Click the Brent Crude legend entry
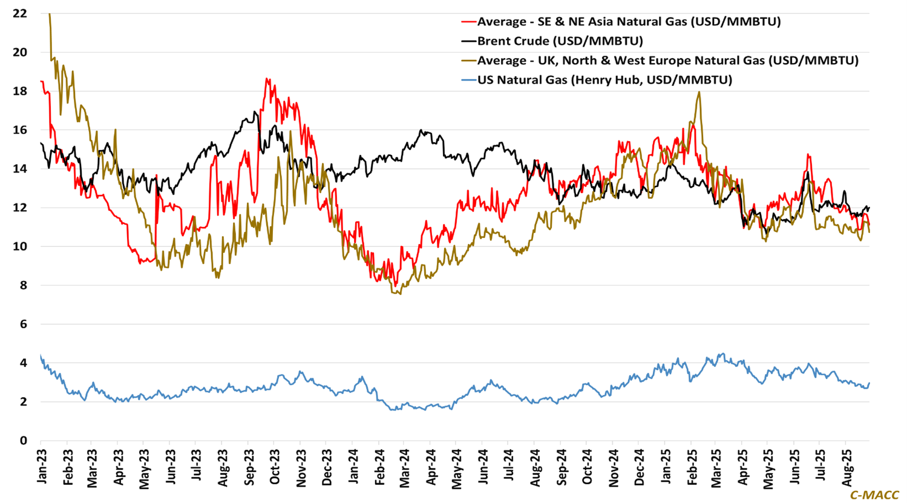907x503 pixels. (x=560, y=41)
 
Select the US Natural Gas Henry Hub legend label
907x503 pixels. (x=604, y=80)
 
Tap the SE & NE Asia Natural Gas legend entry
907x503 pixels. (x=629, y=22)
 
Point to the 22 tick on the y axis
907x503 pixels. (x=20, y=13)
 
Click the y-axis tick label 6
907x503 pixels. (x=24, y=324)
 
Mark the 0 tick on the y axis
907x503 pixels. (x=24, y=441)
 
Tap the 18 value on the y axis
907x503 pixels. (x=20, y=91)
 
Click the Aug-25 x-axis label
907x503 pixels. (x=848, y=467)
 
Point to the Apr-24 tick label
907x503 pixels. (x=431, y=467)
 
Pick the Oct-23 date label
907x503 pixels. (x=275, y=467)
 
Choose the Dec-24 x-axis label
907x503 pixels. (x=640, y=467)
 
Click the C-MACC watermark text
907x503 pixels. (x=874, y=495)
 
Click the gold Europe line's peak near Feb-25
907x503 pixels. (x=699, y=92)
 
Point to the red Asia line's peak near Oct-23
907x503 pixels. (x=266, y=79)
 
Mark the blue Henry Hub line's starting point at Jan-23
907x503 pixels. (x=41, y=355)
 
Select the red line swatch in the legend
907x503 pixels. (x=468, y=22)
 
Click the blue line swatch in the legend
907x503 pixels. (x=468, y=80)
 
